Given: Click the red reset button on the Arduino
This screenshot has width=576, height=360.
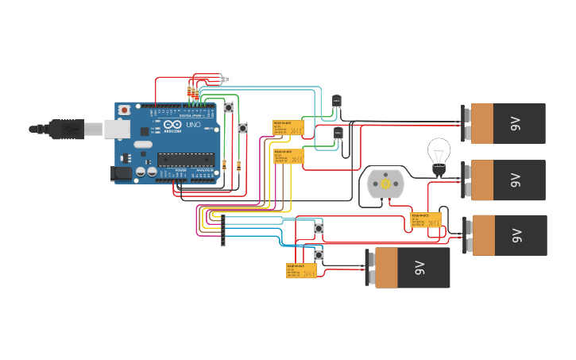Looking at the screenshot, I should pos(125,110).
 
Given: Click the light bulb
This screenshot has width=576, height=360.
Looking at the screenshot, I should pos(439,154).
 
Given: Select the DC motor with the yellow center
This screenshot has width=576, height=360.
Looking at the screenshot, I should pos(385,184).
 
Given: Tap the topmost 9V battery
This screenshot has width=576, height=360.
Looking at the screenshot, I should pos(505,123).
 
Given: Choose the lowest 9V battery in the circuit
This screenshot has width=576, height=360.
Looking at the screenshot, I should pos(409,268).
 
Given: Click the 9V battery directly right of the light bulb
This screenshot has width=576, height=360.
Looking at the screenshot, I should pos(505,180).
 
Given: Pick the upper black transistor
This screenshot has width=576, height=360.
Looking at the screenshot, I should pos(336,102).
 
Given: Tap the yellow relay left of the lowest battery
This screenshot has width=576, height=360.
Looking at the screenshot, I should pos(301,270).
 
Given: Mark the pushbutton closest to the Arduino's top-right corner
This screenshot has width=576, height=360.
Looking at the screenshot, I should pos(229,107).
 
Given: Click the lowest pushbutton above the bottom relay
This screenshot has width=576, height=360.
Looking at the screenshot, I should pos(319,255).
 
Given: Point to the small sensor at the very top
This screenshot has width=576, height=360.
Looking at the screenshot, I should pos(227,79).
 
